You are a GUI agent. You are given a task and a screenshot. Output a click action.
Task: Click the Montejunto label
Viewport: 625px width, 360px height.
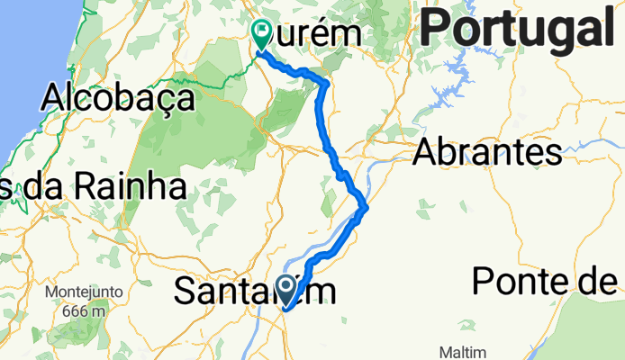(x=84, y=292)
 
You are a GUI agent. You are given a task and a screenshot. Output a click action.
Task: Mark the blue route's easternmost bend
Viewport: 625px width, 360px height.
(x=366, y=210)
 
